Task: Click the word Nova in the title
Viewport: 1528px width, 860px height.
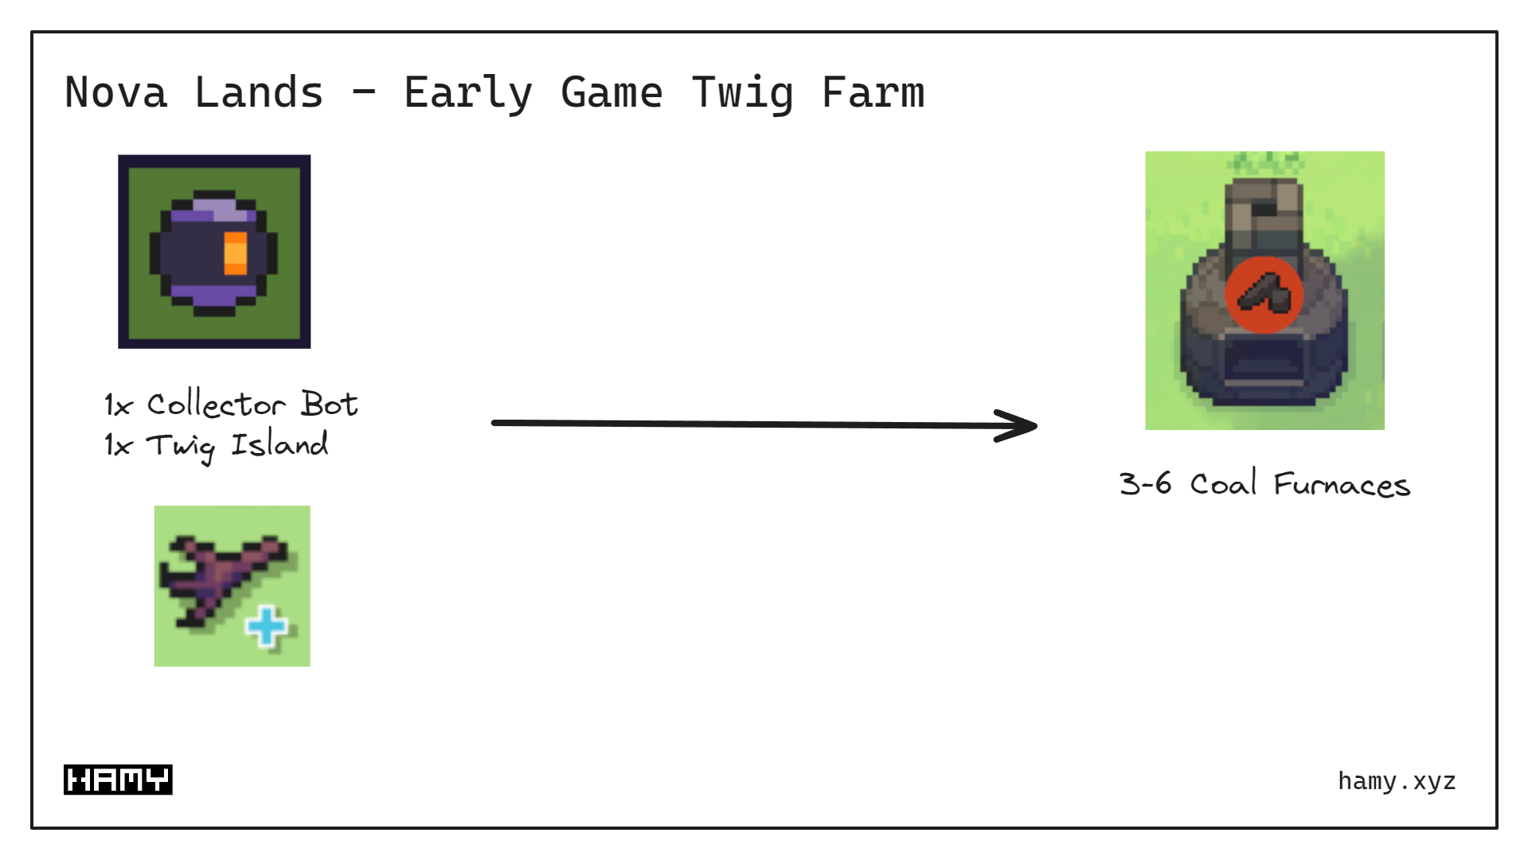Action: [116, 92]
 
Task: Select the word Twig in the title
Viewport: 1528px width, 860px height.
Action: [742, 94]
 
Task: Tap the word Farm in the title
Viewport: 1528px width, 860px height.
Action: [873, 92]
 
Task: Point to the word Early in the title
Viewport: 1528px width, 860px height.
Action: [468, 94]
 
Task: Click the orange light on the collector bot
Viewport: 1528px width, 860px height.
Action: [236, 253]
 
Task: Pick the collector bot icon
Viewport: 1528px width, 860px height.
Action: [214, 252]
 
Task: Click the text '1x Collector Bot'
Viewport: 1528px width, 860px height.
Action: [231, 405]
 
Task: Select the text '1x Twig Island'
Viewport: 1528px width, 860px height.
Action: [216, 445]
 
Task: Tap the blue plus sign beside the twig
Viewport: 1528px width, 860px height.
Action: [267, 626]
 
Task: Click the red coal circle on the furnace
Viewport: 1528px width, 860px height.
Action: [1264, 295]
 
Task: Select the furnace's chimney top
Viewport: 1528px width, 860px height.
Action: [1264, 199]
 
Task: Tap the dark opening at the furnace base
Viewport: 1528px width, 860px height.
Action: [1264, 362]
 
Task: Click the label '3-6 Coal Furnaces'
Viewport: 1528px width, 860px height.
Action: [1264, 484]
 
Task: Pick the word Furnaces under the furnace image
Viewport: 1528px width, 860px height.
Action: [1342, 484]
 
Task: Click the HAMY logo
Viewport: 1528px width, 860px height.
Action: [118, 780]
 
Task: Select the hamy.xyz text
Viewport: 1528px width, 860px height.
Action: [1397, 781]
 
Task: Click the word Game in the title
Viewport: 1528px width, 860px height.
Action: [612, 92]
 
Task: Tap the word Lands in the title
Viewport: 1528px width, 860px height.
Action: [259, 92]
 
